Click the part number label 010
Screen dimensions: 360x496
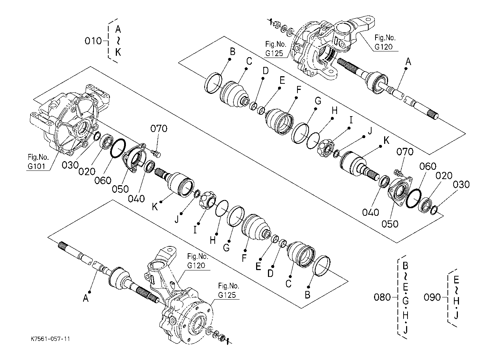click(94, 41)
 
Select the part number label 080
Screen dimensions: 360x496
click(382, 297)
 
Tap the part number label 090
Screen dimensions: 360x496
click(432, 297)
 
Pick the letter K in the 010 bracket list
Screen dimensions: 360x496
click(118, 53)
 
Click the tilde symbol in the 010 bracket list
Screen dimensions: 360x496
click(118, 41)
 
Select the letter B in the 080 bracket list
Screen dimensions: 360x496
click(405, 266)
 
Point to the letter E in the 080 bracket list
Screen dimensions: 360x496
click(405, 287)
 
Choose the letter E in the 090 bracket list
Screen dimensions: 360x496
click(456, 280)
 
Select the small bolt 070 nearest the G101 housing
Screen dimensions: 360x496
click(156, 154)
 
